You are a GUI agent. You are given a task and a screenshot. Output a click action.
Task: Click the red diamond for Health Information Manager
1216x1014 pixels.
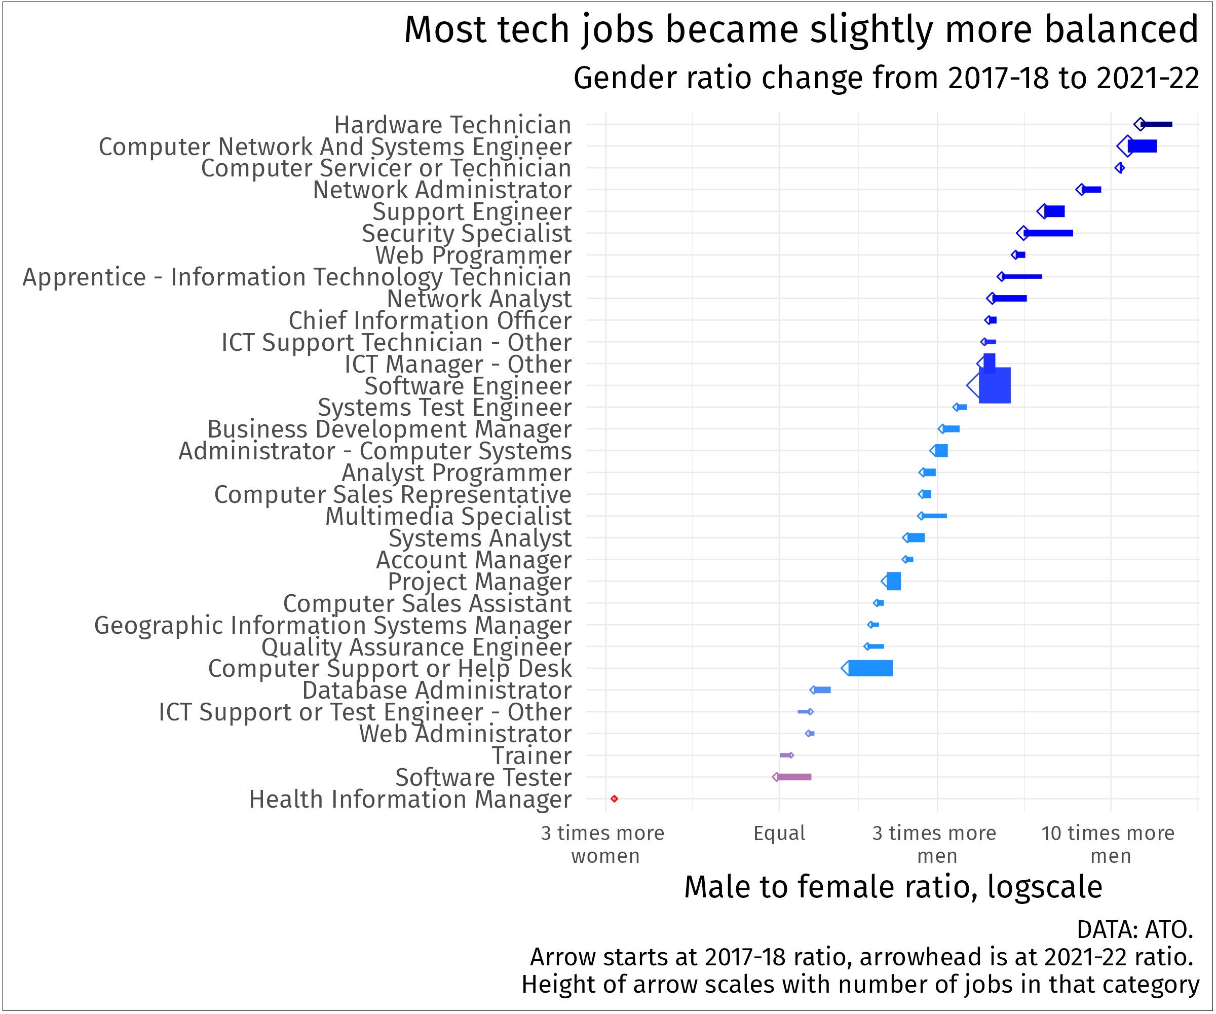tap(615, 799)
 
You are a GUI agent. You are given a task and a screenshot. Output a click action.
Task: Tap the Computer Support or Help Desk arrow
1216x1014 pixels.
tap(868, 668)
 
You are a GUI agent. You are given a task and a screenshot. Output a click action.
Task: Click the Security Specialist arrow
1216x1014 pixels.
tap(1047, 233)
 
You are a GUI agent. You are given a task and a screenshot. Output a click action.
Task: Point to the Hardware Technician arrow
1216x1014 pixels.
tap(1155, 124)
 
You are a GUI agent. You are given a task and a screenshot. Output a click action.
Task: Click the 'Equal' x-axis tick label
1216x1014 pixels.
tap(779, 833)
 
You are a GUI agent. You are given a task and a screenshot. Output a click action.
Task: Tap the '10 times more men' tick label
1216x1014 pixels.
tap(1108, 844)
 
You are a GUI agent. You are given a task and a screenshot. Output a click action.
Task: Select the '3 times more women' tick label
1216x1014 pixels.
tap(603, 844)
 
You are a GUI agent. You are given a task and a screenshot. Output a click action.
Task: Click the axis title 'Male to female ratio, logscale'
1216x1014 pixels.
tap(893, 887)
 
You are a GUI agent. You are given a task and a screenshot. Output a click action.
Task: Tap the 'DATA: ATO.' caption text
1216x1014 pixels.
tap(1134, 929)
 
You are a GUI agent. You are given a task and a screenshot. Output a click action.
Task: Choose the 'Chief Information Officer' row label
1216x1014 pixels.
tap(430, 320)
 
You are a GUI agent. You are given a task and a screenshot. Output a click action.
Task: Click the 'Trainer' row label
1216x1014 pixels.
tap(531, 755)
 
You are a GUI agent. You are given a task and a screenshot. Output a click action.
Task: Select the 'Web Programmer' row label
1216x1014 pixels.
tap(473, 255)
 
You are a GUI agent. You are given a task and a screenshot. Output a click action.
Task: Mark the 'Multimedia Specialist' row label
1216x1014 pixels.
tap(448, 516)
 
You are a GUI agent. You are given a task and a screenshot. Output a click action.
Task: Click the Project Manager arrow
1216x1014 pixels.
tap(892, 581)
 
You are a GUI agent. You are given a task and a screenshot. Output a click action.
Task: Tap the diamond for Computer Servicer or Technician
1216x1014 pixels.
tap(1119, 168)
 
